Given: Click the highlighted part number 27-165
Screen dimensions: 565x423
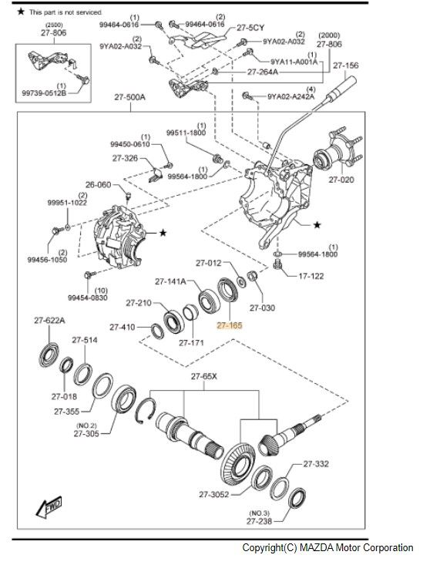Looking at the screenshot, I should click(x=229, y=326).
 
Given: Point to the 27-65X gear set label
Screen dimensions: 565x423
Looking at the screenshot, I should click(x=205, y=377).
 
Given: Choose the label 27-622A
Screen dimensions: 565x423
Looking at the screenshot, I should click(x=49, y=321).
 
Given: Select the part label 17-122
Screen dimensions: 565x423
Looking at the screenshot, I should click(x=311, y=275).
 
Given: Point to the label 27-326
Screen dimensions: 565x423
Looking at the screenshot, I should click(x=125, y=158).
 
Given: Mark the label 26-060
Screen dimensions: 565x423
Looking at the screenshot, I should click(x=99, y=185).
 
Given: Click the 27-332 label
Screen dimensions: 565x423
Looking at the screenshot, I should click(x=316, y=464).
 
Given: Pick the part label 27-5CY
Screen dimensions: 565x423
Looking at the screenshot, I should click(x=250, y=27).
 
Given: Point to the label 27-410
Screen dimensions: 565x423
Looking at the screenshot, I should click(x=122, y=328).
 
